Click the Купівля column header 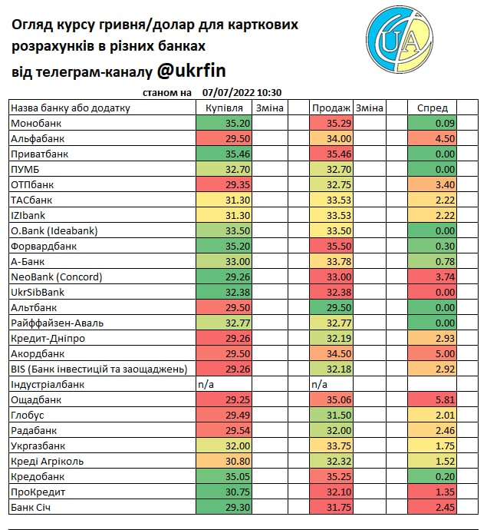(x=224, y=108)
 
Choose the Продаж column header (x=331, y=108)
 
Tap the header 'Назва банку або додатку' (x=71, y=108)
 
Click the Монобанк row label (x=36, y=123)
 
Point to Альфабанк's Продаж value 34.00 (x=331, y=138)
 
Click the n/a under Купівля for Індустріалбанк (x=206, y=384)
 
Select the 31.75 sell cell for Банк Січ (x=331, y=507)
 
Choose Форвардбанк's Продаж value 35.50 (x=331, y=246)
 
